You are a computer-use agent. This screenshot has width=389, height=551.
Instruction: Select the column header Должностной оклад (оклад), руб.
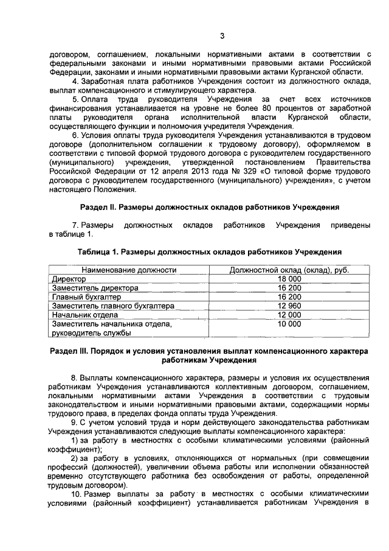tap(289, 269)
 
